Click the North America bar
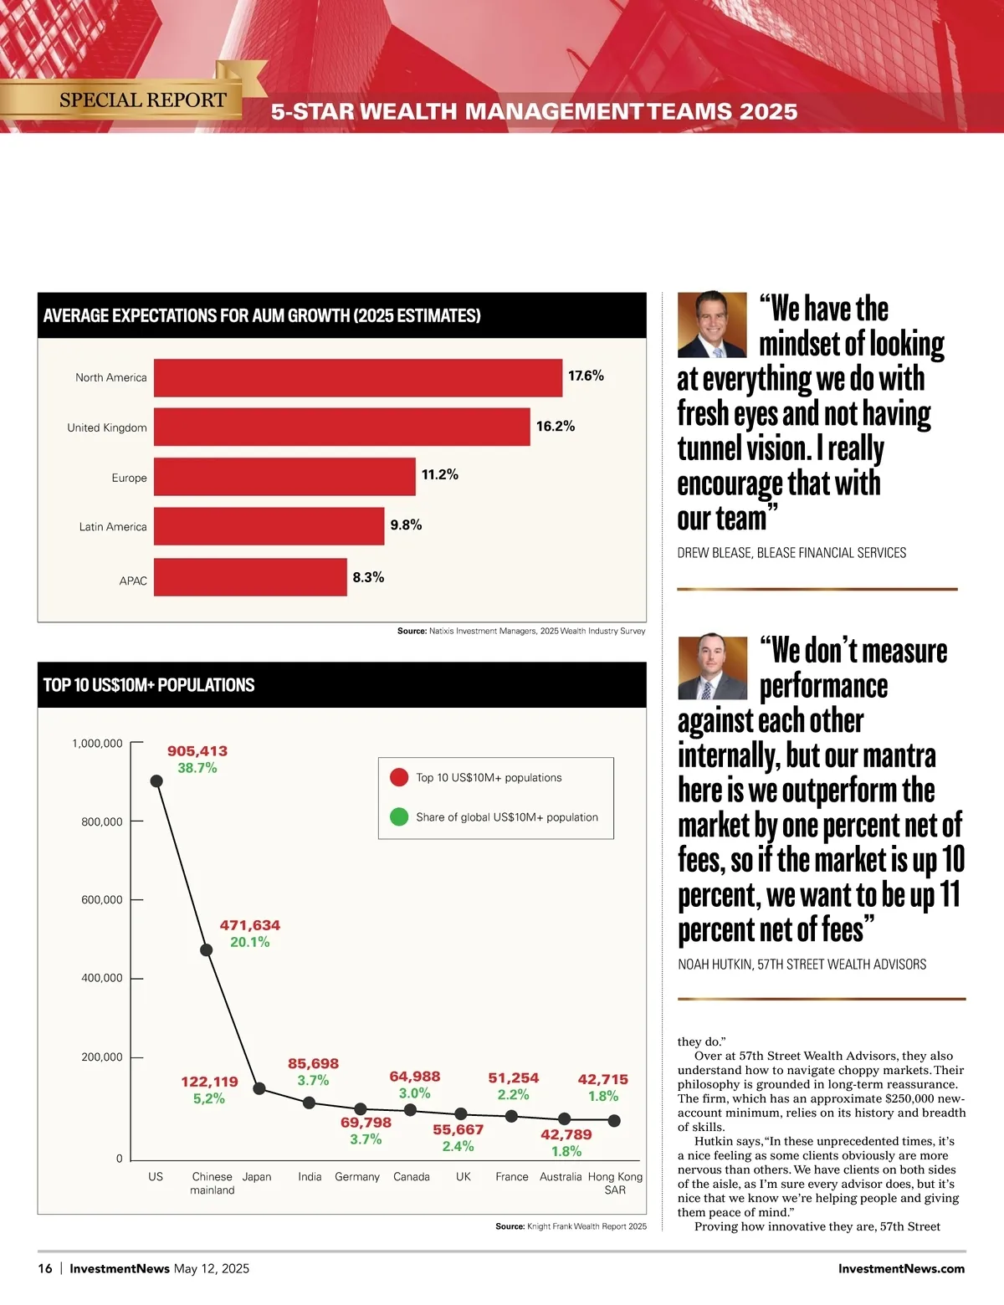click(x=358, y=377)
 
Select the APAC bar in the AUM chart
click(x=250, y=577)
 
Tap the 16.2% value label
click(x=556, y=426)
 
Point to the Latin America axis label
click(x=113, y=527)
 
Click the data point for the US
click(x=156, y=780)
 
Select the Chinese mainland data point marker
click(x=207, y=949)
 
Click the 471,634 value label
click(x=250, y=925)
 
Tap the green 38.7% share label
click(x=197, y=768)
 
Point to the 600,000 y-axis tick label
click(x=102, y=900)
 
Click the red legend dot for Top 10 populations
click(x=399, y=777)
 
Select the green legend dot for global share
click(x=399, y=816)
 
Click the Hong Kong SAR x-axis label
click(x=615, y=1183)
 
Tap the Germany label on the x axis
click(x=357, y=1177)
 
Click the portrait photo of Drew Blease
click(x=712, y=325)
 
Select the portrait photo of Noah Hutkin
click(x=712, y=666)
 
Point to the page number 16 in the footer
click(x=45, y=1269)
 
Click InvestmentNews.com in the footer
click(x=901, y=1269)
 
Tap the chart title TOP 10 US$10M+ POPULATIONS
click(x=149, y=685)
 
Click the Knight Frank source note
click(x=571, y=1226)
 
